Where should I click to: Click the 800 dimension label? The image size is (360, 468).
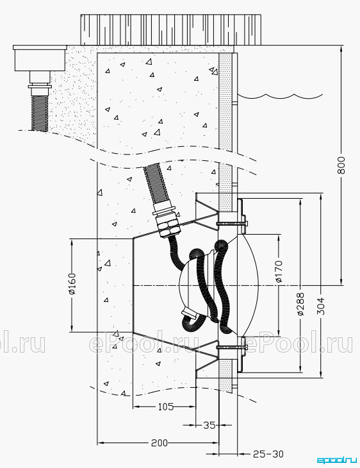pyautogui.click(x=341, y=165)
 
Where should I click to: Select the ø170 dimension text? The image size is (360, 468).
pyautogui.click(x=279, y=271)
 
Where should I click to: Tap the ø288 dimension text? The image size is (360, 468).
pyautogui.click(x=300, y=304)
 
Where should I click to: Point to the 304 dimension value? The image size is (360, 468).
pyautogui.click(x=321, y=306)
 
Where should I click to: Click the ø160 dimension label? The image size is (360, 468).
pyautogui.click(x=72, y=283)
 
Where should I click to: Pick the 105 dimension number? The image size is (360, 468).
pyautogui.click(x=165, y=406)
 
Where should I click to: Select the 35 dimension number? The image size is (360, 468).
pyautogui.click(x=209, y=424)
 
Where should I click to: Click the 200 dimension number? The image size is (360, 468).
pyautogui.click(x=160, y=443)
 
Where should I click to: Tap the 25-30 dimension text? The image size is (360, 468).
pyautogui.click(x=268, y=455)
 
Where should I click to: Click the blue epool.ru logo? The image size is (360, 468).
pyautogui.click(x=336, y=460)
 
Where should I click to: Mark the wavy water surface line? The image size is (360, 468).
pyautogui.click(x=281, y=96)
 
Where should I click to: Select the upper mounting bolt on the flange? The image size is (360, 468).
pyautogui.click(x=232, y=222)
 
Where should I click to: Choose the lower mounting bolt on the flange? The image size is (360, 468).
pyautogui.click(x=232, y=347)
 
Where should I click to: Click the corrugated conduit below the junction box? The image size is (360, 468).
pyautogui.click(x=39, y=113)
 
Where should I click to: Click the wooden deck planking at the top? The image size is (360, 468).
pyautogui.click(x=171, y=30)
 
